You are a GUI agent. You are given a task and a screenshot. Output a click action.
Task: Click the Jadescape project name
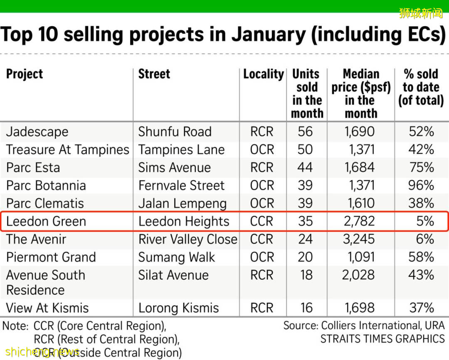click(x=37, y=132)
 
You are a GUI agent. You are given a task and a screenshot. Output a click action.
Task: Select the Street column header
click(x=154, y=74)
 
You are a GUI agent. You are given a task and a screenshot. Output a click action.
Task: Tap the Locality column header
click(x=263, y=74)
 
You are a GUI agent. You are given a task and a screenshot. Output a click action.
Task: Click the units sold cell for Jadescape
click(x=305, y=132)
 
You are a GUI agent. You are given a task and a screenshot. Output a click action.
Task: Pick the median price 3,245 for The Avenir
click(x=359, y=239)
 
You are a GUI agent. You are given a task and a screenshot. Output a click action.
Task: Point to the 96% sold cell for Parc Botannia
click(x=421, y=185)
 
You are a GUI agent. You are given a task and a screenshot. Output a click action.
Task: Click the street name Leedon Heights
click(x=184, y=222)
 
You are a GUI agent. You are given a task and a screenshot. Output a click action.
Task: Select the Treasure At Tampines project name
click(x=68, y=150)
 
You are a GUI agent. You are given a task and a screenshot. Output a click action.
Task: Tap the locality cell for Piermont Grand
click(x=262, y=257)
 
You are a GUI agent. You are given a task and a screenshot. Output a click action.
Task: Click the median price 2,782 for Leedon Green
click(x=359, y=222)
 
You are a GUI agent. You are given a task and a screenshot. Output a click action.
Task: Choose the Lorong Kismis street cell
click(x=178, y=308)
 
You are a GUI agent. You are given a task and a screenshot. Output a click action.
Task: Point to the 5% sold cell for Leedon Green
click(x=425, y=222)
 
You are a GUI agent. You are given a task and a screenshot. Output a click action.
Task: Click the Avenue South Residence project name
click(x=45, y=282)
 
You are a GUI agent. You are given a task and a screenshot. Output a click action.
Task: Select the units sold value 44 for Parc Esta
click(x=305, y=168)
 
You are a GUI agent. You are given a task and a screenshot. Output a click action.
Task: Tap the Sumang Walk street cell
click(x=177, y=257)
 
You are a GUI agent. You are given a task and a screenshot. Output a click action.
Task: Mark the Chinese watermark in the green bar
click(x=421, y=13)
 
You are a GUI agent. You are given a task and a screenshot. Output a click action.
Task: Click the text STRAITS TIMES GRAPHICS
click(x=382, y=339)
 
